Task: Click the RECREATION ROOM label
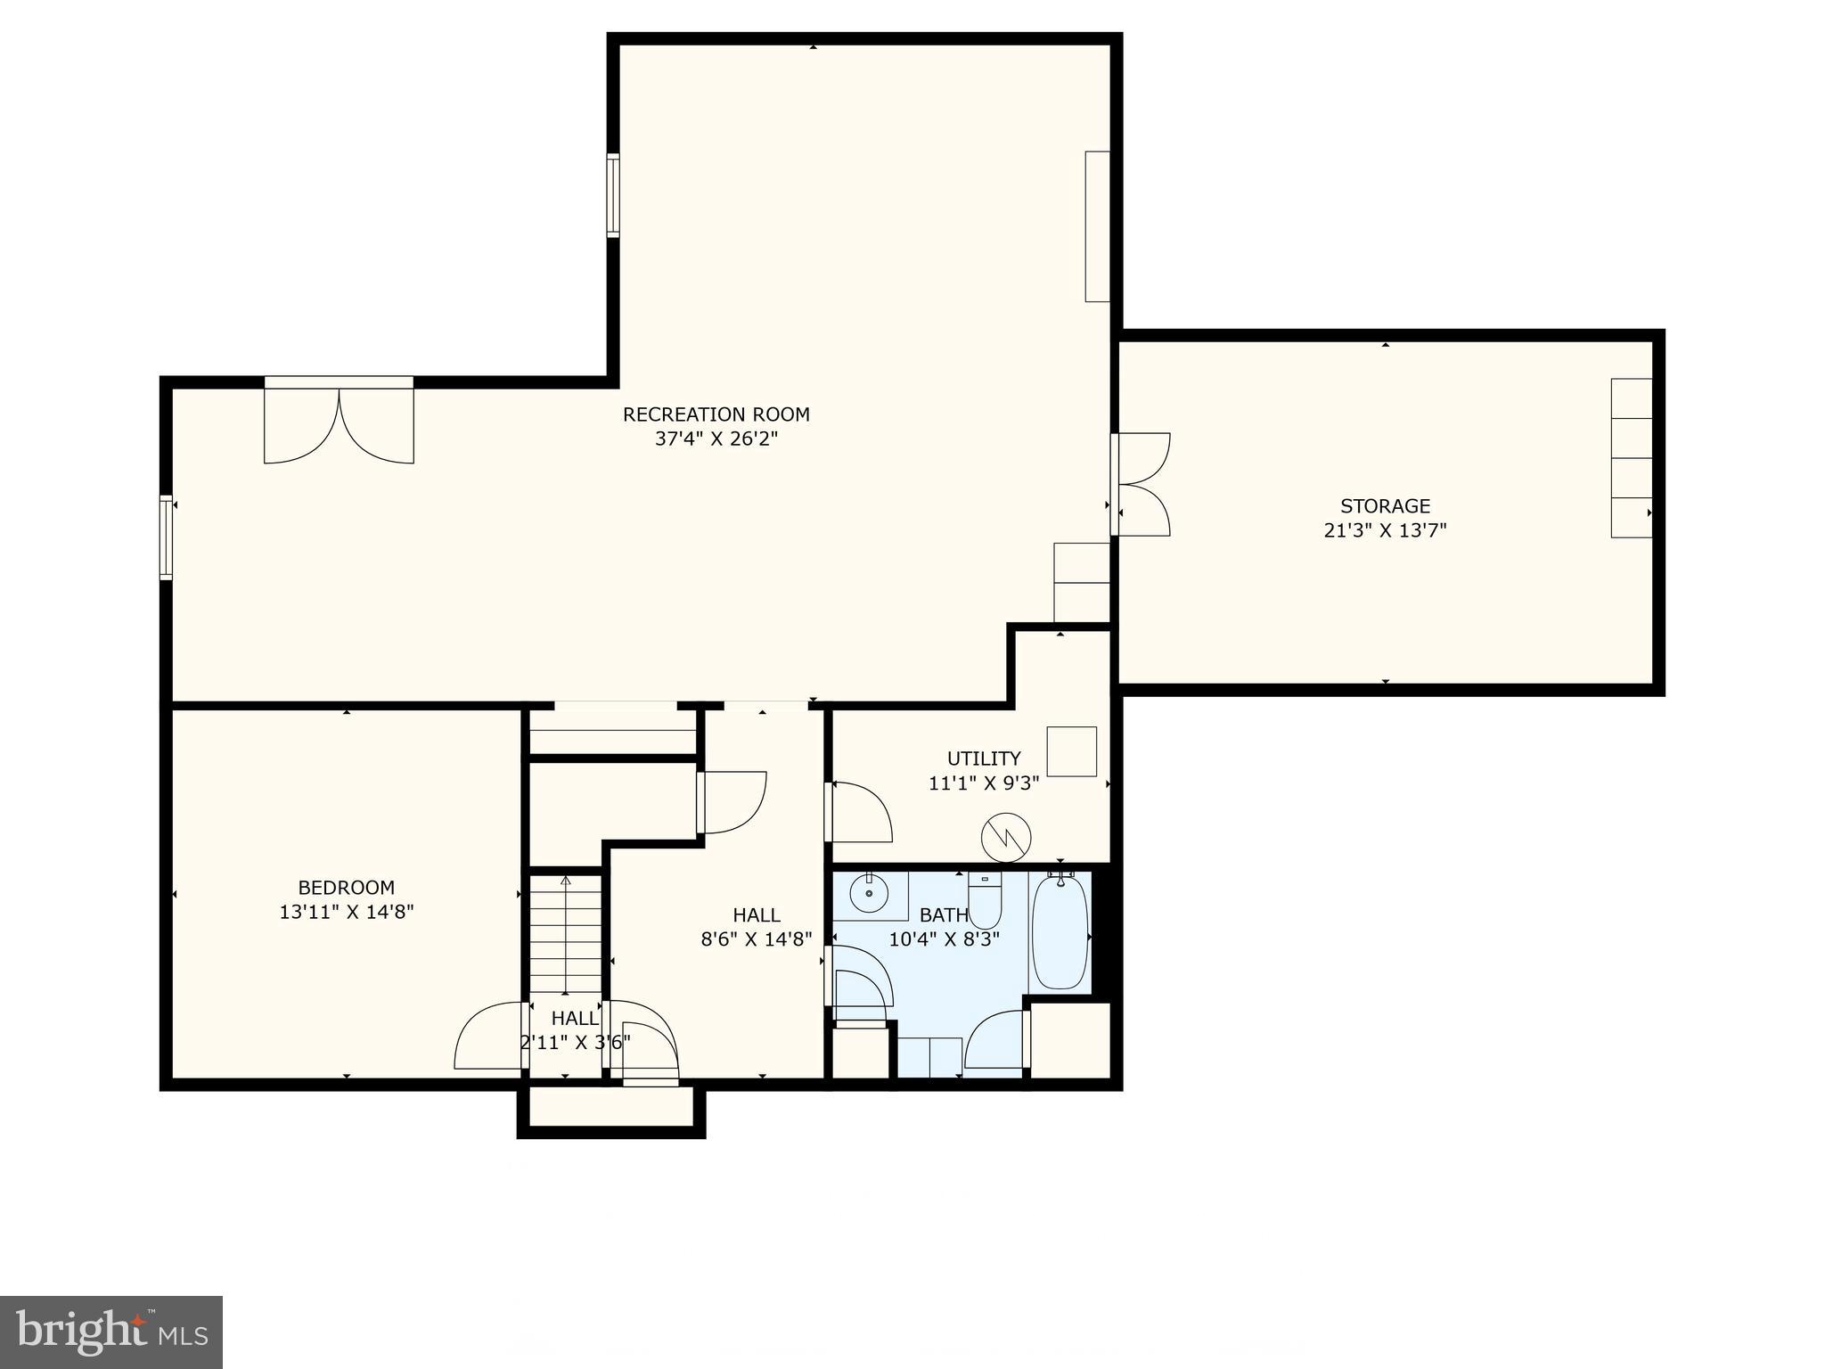tap(716, 414)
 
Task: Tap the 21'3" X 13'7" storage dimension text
tap(1385, 530)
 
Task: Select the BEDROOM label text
tap(346, 888)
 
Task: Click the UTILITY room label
tap(983, 758)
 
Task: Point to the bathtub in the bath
tap(1060, 931)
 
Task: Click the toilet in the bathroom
tap(985, 900)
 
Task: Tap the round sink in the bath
tap(868, 893)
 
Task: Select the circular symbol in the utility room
tap(1006, 837)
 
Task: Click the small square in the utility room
tap(1071, 751)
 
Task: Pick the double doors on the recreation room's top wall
tap(339, 423)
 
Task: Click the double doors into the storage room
tap(1142, 485)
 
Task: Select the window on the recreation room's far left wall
tap(166, 537)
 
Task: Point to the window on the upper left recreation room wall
tap(613, 195)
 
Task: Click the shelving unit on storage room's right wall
tap(1631, 458)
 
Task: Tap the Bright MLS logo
tap(110, 1332)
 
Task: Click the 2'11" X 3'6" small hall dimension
tap(575, 1042)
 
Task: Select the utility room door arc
tap(862, 811)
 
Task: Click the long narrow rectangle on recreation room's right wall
tap(1097, 226)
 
